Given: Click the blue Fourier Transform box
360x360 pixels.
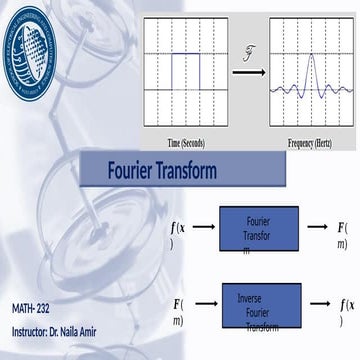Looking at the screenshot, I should coord(256,227).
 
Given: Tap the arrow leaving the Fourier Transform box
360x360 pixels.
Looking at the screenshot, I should coord(317,226).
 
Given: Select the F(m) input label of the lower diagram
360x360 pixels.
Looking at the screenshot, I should coord(178,310).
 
